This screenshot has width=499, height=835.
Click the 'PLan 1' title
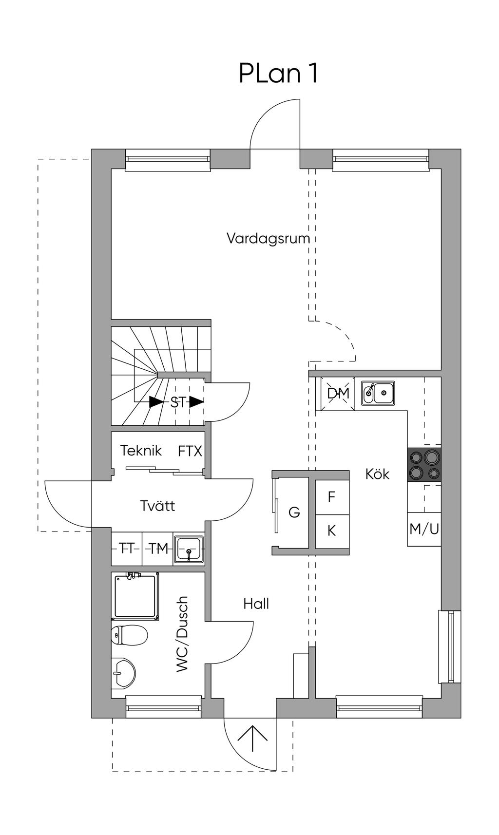(x=278, y=74)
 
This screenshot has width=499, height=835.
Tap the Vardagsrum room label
(x=268, y=239)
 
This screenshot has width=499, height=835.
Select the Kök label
(x=377, y=474)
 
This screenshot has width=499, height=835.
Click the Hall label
(x=256, y=604)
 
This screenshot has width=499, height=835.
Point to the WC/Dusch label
(x=182, y=634)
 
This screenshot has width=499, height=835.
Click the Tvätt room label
(x=157, y=506)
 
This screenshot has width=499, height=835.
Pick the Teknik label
(x=141, y=450)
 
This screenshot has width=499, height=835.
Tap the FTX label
(x=190, y=452)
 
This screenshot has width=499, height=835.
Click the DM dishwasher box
(x=338, y=394)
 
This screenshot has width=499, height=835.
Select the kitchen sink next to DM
(x=378, y=393)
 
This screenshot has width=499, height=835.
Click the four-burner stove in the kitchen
(x=424, y=465)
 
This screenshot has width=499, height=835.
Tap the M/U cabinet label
(x=424, y=529)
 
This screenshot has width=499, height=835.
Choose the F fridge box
(x=332, y=497)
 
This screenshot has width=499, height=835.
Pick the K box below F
(x=332, y=531)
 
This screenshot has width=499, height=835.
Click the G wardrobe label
(x=294, y=512)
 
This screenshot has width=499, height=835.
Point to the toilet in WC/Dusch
(x=129, y=635)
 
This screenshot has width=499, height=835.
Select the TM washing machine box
(x=158, y=549)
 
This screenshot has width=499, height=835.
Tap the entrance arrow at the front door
(x=252, y=740)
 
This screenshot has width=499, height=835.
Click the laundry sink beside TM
(x=189, y=549)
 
